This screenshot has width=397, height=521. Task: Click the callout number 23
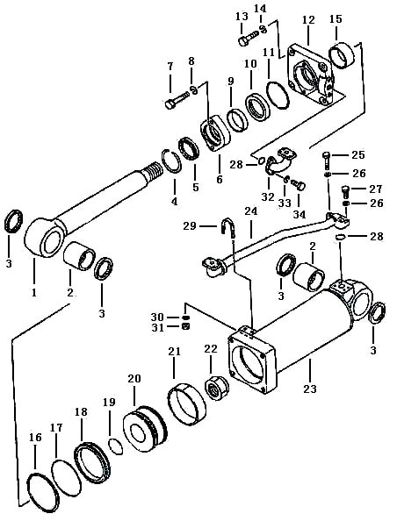310,389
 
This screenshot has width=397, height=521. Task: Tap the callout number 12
308,19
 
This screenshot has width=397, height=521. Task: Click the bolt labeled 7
177,99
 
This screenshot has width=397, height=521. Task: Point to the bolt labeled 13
249,38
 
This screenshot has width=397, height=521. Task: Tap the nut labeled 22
217,388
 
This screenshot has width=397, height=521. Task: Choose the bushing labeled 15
342,55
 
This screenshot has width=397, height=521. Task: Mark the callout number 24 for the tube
251,211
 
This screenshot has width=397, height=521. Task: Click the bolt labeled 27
346,190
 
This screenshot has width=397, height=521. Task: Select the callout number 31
158,328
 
